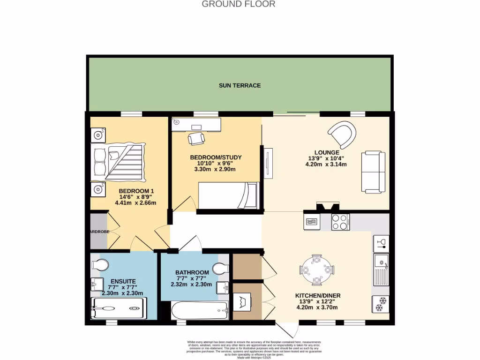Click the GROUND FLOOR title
pos(238,4)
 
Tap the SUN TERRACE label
pos(240,86)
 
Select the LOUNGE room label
pos(327,152)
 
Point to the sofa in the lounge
pos(373,172)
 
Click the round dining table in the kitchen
pos(317,270)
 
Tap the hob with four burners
pos(340,222)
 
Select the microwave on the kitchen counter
pos(312,222)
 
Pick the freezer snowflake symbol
pos(380,304)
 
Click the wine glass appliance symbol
pos(381,243)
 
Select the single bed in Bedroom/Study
pos(229,195)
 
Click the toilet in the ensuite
pos(99,265)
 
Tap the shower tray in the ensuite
pos(118,309)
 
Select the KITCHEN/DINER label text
pos(317,296)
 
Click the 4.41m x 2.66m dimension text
pos(136,203)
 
